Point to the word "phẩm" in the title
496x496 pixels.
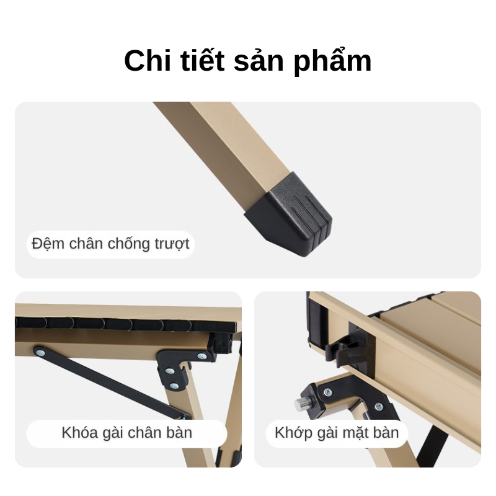click(332, 61)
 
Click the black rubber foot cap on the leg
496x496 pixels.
click(290, 213)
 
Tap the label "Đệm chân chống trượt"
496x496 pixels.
click(110, 244)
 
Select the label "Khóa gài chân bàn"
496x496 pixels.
click(127, 432)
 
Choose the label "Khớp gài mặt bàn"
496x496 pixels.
click(337, 432)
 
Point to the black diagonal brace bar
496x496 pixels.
click(112, 382)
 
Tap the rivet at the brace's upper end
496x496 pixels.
click(40, 352)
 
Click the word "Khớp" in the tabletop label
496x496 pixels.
click(294, 433)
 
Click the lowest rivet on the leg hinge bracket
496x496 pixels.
click(174, 385)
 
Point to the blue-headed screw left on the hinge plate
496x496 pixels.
click(328, 392)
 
